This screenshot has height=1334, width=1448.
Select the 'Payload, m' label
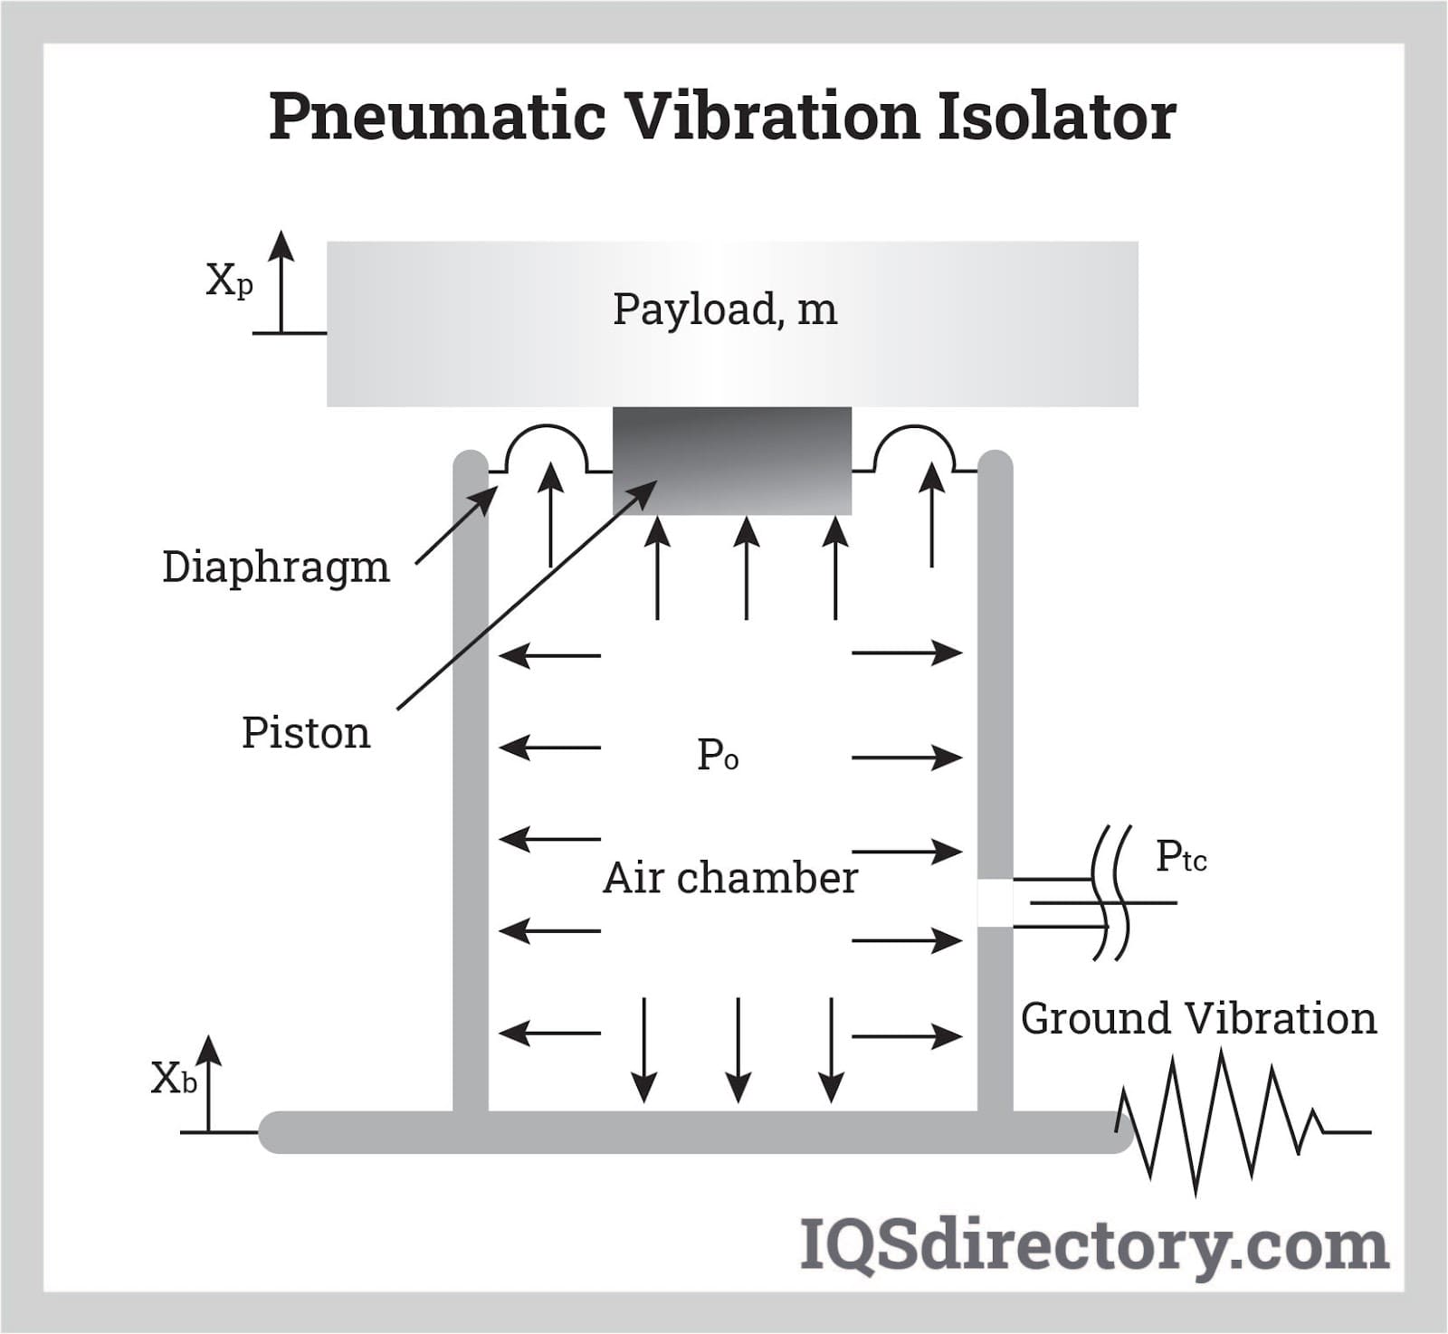(x=725, y=310)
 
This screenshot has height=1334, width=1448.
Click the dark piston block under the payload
(x=732, y=460)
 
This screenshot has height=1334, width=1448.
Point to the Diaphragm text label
(x=276, y=568)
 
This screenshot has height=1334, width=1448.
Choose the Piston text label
(x=306, y=733)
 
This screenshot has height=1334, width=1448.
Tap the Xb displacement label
(x=174, y=1079)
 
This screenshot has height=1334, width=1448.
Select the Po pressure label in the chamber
(x=718, y=755)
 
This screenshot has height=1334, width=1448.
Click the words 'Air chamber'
(x=730, y=878)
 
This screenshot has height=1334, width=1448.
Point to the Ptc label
(x=1181, y=856)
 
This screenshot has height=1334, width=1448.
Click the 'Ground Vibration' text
(x=1198, y=1019)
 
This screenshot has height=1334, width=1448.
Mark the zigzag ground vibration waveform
(x=1222, y=1122)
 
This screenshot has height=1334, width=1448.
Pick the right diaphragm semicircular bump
(x=915, y=443)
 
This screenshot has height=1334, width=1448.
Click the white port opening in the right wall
(x=995, y=902)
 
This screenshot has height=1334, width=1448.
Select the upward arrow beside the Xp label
(x=281, y=281)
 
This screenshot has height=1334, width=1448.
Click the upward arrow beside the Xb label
(x=209, y=1082)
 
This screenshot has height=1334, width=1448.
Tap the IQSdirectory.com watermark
(x=1094, y=1246)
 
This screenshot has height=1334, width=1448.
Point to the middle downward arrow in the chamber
(x=738, y=1050)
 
